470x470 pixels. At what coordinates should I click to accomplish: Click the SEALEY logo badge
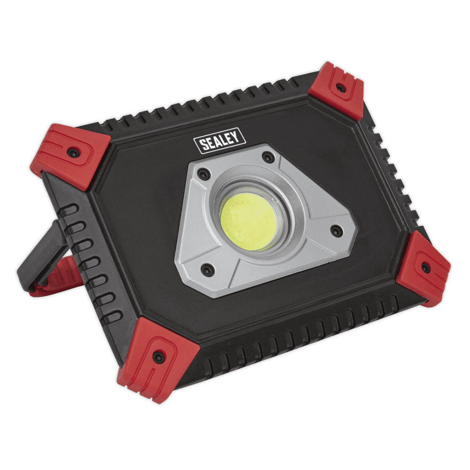(x=219, y=141)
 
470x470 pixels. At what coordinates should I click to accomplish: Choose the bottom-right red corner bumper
(x=423, y=268)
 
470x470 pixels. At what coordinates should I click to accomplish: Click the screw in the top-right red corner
(x=340, y=88)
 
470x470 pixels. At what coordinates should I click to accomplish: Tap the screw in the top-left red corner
(x=72, y=153)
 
